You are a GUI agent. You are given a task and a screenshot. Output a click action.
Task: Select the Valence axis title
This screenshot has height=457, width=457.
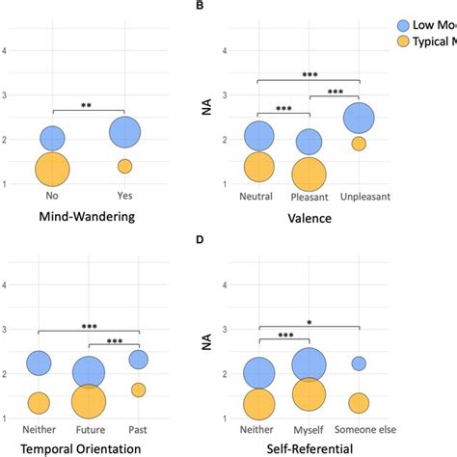pyautogui.click(x=309, y=218)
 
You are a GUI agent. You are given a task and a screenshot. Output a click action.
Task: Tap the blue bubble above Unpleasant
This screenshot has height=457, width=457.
pyautogui.click(x=359, y=118)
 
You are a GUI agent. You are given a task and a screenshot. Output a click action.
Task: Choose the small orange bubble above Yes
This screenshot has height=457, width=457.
pyautogui.click(x=124, y=166)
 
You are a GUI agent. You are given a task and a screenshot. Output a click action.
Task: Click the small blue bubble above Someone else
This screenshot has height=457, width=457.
pyautogui.click(x=359, y=363)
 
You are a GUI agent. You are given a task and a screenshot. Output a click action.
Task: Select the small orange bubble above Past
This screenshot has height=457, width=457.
pyautogui.click(x=138, y=390)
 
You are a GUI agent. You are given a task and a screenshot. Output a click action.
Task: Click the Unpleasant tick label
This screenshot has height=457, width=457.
pyautogui.click(x=360, y=196)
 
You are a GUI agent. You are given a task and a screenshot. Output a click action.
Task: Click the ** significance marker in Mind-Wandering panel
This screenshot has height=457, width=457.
pyautogui.click(x=88, y=104)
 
